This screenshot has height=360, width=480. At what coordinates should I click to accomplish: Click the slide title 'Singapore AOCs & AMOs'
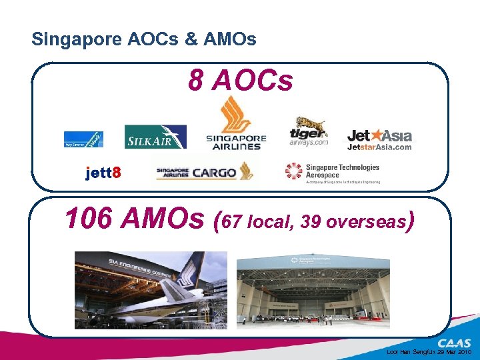point(143,39)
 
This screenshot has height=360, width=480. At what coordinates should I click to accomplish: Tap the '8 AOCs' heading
point(240,81)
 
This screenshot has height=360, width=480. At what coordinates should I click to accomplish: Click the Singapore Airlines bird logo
point(236,124)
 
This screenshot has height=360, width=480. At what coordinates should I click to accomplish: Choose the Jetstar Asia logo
point(379,140)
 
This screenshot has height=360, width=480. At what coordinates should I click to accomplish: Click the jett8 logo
point(103,173)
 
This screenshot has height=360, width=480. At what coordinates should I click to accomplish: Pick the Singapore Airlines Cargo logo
point(205,172)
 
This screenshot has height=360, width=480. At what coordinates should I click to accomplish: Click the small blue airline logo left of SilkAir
point(83,139)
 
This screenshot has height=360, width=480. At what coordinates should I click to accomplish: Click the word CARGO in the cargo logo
point(214,173)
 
